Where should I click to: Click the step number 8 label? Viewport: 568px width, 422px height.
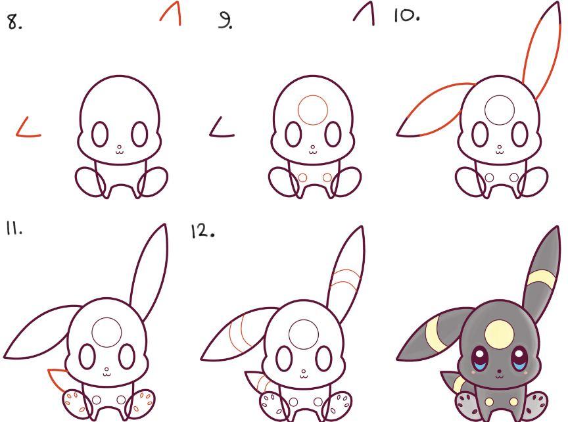(x=14, y=22)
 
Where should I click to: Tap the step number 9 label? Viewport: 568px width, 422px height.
(x=225, y=20)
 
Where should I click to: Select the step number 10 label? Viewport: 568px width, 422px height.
(x=407, y=16)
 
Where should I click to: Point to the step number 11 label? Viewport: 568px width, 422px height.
(x=14, y=229)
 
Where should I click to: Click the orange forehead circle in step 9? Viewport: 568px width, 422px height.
(x=313, y=95)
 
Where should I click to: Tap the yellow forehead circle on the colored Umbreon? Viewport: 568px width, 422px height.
(x=498, y=335)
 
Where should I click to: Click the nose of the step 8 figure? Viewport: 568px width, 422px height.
(x=119, y=147)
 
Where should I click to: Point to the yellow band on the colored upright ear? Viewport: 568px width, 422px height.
(x=540, y=279)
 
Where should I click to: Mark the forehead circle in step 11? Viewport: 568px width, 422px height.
(x=106, y=318)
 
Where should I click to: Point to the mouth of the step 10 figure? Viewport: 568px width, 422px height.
(x=500, y=152)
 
